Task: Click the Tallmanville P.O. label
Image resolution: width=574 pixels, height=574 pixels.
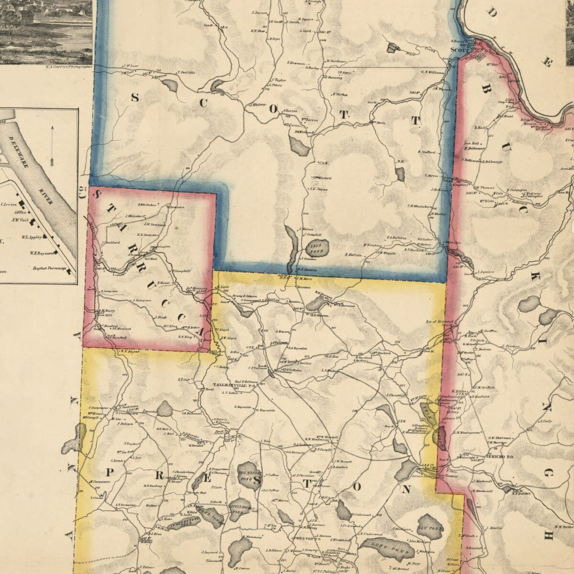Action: coord(236,384)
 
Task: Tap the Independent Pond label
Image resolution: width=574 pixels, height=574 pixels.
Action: coord(180,524)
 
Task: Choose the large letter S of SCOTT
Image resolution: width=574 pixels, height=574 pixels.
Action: coord(135,99)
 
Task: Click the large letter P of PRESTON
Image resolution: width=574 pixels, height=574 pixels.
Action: coord(108,473)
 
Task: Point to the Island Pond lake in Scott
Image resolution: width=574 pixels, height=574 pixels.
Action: coord(315,248)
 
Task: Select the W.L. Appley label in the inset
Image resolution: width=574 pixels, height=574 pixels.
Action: coord(31,237)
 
